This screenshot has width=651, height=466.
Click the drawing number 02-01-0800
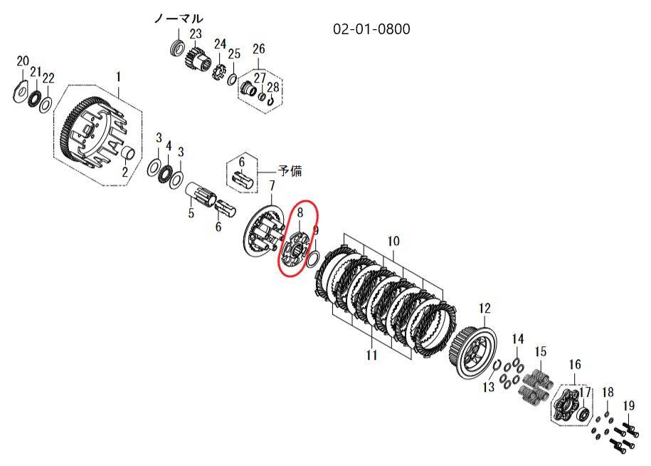(x=371, y=29)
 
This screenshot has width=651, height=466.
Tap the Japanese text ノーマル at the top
(x=179, y=19)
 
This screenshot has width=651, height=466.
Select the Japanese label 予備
(x=290, y=171)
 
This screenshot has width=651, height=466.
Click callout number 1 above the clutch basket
(x=118, y=77)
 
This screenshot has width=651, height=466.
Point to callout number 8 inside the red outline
(x=300, y=213)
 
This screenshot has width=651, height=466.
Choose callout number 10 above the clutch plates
(x=393, y=241)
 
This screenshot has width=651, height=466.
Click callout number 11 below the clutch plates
(x=371, y=355)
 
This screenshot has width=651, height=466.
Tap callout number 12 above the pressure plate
(x=485, y=308)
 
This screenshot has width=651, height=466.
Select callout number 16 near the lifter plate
(x=575, y=365)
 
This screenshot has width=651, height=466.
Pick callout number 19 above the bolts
(x=629, y=405)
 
